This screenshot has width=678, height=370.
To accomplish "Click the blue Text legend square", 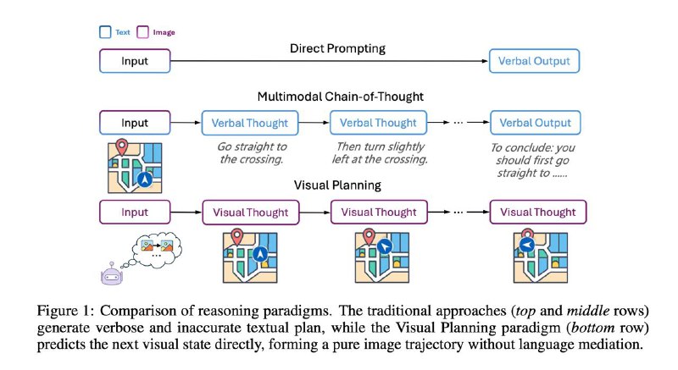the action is point(105,32).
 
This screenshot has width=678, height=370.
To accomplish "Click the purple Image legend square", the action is point(142,32).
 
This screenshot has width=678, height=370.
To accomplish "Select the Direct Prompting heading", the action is point(337,48).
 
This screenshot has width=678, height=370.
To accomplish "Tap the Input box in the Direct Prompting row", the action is point(135,61).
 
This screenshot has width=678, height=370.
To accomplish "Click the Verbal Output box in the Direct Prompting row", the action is point(534,61).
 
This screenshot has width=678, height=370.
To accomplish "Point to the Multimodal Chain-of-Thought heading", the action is point(341,97).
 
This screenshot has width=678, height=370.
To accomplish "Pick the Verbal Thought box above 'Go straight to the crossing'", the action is point(250,123).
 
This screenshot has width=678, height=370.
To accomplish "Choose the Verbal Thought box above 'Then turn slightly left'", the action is point(378,123).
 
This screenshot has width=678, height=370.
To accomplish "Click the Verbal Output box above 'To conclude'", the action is point(536,123).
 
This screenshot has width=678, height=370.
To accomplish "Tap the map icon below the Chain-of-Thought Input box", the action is point(135,166).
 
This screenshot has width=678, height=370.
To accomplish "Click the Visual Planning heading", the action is point(337,185).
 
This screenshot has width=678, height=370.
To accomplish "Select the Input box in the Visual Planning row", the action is point(135,212).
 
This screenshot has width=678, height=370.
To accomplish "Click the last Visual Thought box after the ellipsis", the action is point(538,212).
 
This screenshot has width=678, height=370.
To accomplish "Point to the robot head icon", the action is point(112,274).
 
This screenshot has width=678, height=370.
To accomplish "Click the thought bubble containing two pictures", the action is point(158,248).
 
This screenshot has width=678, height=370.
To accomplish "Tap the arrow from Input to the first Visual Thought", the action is point(186,212).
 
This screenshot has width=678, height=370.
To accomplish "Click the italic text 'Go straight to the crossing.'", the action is point(252,153).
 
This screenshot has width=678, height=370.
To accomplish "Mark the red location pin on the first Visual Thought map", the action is point(236,237).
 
